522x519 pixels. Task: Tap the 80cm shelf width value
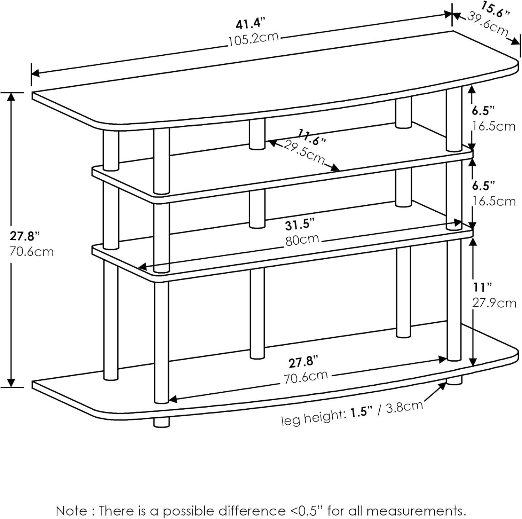(302, 240)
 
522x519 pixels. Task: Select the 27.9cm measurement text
(494, 303)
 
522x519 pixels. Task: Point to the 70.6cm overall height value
(32, 251)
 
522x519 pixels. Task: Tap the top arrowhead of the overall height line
(12, 97)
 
